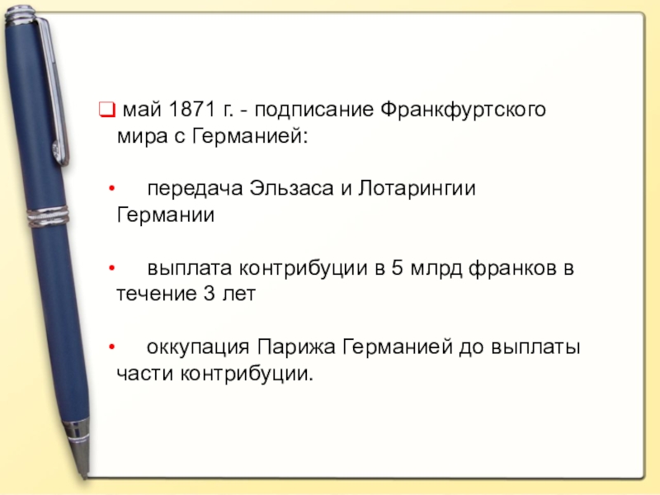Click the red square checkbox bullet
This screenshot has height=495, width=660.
(x=106, y=110)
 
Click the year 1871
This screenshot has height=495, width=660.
(x=191, y=109)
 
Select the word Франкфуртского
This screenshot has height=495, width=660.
(x=463, y=111)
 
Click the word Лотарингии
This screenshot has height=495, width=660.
(x=417, y=189)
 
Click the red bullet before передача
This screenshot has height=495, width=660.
(x=111, y=188)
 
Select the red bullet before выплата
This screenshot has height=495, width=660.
(x=111, y=268)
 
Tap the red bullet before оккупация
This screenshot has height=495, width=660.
(x=111, y=347)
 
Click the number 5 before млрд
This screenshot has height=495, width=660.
(x=397, y=267)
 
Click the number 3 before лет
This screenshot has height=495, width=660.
(x=210, y=294)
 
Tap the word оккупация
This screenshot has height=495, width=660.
(x=198, y=348)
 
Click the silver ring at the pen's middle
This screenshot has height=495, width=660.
(x=47, y=217)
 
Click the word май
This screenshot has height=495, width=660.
(x=142, y=110)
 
